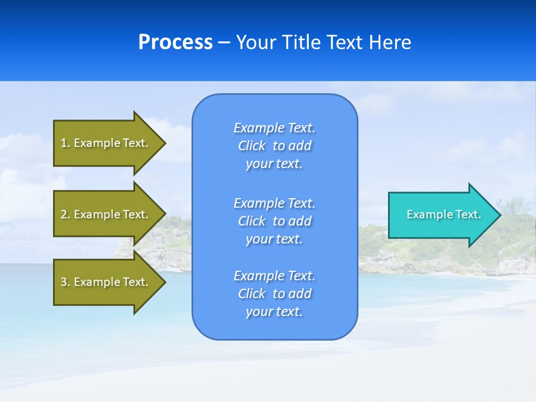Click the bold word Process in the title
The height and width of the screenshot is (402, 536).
pos(175,42)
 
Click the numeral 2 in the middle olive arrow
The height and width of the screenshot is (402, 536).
pos(64,214)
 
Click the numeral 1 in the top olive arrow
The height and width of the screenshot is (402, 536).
pos(64,143)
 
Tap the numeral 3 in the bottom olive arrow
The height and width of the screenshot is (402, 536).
pos(64,282)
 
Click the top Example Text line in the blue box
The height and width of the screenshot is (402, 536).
pos(274,128)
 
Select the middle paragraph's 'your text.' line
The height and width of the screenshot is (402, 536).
pos(274,239)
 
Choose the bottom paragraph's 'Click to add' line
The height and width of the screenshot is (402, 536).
pos(274,294)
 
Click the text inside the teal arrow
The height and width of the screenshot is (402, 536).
pos(443,214)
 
